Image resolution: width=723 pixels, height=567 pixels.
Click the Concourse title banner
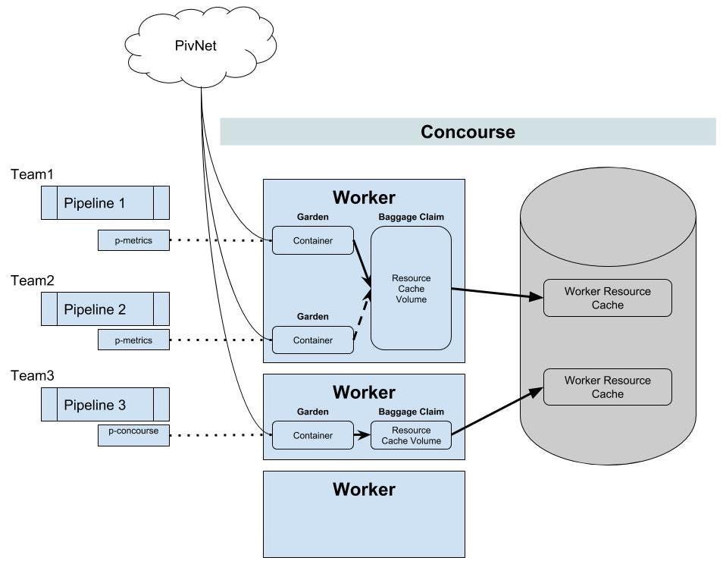pyautogui.click(x=468, y=132)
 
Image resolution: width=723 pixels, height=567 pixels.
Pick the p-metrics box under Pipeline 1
pyautogui.click(x=133, y=240)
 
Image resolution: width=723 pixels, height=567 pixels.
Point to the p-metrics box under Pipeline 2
pyautogui.click(x=133, y=340)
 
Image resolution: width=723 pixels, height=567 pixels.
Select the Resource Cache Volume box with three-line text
pyautogui.click(x=411, y=288)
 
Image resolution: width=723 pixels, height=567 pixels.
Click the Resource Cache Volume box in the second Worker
pyautogui.click(x=411, y=435)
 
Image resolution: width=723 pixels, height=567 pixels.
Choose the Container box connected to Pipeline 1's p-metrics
pyautogui.click(x=312, y=240)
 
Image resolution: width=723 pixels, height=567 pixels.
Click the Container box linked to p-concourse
pyautogui.click(x=312, y=435)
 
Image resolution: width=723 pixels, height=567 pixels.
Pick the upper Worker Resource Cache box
pyautogui.click(x=608, y=298)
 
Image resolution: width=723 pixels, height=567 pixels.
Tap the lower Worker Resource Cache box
pyautogui.click(x=608, y=387)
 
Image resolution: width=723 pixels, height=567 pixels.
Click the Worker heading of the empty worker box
pyautogui.click(x=364, y=490)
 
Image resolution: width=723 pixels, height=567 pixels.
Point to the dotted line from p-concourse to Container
pyautogui.click(x=220, y=435)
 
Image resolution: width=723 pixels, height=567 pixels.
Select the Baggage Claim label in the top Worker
pyautogui.click(x=411, y=217)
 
